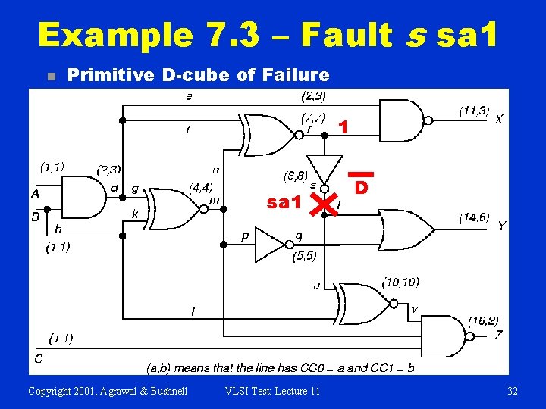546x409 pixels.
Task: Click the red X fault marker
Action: pyautogui.click(x=325, y=202)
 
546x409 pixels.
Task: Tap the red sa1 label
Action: pyautogui.click(x=284, y=202)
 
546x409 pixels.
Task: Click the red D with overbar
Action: pyautogui.click(x=362, y=184)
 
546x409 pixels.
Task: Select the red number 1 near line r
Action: pyautogui.click(x=344, y=128)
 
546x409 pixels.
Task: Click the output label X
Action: pyautogui.click(x=498, y=120)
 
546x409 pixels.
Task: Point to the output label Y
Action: pyautogui.click(x=501, y=226)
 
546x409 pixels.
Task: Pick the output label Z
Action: pyautogui.click(x=498, y=335)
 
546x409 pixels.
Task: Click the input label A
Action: pyautogui.click(x=35, y=194)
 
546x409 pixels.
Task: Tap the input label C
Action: pyautogui.click(x=38, y=357)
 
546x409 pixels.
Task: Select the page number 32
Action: pyautogui.click(x=513, y=391)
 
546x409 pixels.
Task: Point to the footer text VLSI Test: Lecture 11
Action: pyautogui.click(x=272, y=391)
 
